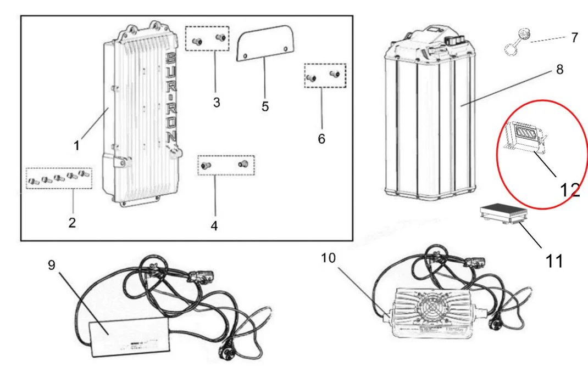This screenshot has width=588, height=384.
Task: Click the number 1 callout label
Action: pyautogui.click(x=77, y=145)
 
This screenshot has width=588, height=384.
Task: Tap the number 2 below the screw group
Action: pyautogui.click(x=72, y=222)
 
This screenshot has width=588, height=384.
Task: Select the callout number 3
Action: pyautogui.click(x=217, y=103)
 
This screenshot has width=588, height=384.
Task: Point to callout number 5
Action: pyautogui.click(x=265, y=106)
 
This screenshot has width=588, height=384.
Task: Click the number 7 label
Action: pyautogui.click(x=574, y=38)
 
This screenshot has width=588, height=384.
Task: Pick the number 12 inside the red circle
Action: pyautogui.click(x=569, y=190)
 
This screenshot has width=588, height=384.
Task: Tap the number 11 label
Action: pyautogui.click(x=554, y=261)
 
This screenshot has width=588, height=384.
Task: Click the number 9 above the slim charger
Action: pyautogui.click(x=51, y=265)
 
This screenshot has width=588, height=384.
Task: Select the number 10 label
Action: pyautogui.click(x=328, y=258)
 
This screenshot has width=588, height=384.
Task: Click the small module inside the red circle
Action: pyautogui.click(x=525, y=135)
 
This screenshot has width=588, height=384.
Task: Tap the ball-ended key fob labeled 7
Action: pyautogui.click(x=517, y=43)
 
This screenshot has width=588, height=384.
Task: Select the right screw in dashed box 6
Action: pyautogui.click(x=334, y=74)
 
